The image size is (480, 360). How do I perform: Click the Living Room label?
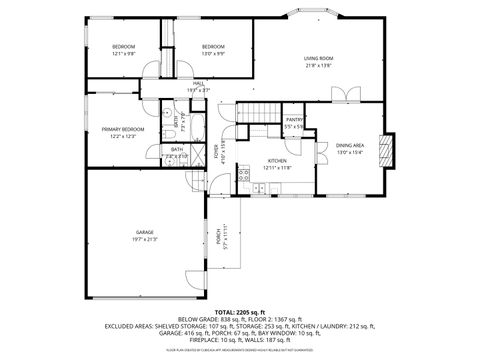[319, 59]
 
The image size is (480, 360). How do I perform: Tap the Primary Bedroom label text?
[122, 129]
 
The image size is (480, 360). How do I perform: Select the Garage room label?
[145, 232]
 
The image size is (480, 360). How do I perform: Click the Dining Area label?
[350, 145]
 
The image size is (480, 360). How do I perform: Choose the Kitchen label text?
[277, 161]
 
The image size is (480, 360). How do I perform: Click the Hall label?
[198, 84]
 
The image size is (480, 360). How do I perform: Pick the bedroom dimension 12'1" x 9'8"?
[123, 54]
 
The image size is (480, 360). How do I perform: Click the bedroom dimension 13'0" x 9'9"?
[213, 54]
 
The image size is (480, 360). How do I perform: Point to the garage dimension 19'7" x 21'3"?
[145, 240]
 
